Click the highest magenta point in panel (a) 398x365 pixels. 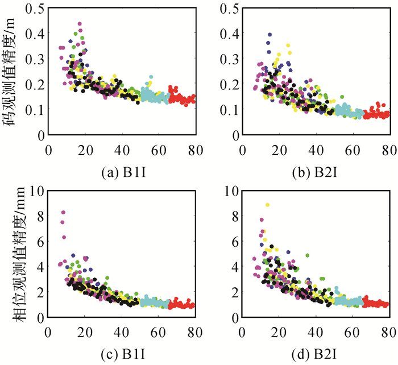point(80,24)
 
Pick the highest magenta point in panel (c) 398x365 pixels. point(63,213)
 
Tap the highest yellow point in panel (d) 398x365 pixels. point(267,205)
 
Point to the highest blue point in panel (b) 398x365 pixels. point(270,35)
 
